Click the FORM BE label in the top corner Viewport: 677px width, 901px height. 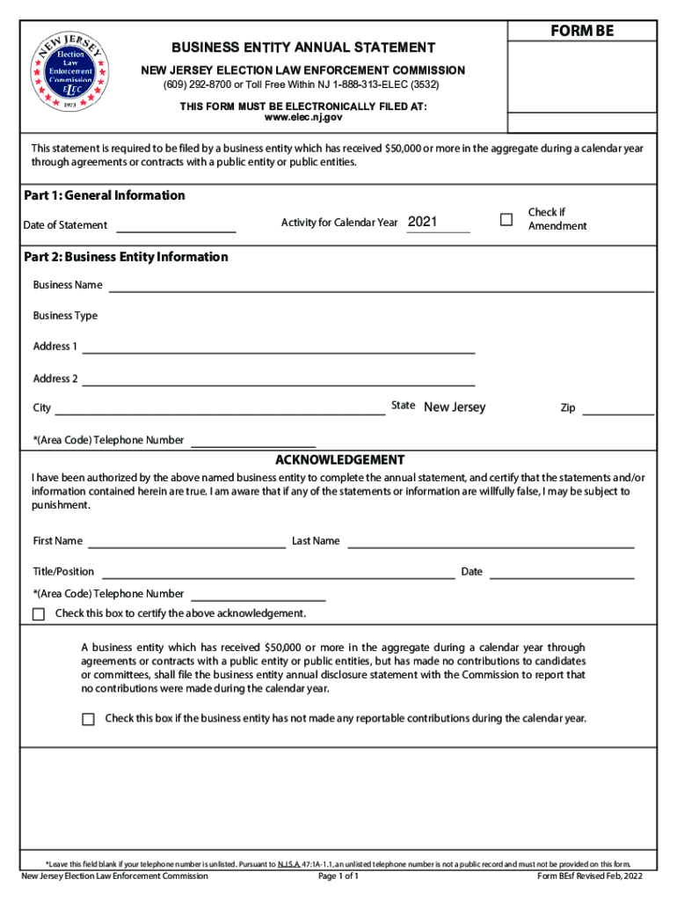582,32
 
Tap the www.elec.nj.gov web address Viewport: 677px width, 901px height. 303,117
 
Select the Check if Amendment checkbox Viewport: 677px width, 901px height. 506,219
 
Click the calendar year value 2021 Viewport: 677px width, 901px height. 423,223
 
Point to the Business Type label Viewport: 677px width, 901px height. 65,316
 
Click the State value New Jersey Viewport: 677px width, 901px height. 455,407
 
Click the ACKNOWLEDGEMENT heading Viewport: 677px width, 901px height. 339,460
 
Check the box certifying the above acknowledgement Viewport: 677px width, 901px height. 39,614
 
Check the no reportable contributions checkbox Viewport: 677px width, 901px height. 88,720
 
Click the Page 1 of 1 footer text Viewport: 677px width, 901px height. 338,876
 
